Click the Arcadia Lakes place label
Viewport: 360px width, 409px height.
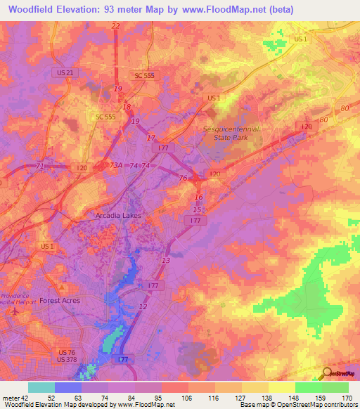[118, 216]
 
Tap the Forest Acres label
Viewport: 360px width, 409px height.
[60, 300]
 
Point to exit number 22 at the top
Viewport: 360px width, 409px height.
[115, 26]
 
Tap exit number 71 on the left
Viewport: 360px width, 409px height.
[40, 166]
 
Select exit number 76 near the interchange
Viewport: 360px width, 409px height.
[184, 178]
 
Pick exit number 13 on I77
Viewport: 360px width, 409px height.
[165, 261]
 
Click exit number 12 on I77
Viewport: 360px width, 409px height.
[143, 307]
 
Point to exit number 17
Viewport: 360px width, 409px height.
[150, 137]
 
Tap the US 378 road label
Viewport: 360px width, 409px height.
[67, 359]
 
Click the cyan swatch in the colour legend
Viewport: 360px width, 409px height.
[41, 387]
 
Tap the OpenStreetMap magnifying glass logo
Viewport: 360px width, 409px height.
[327, 373]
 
